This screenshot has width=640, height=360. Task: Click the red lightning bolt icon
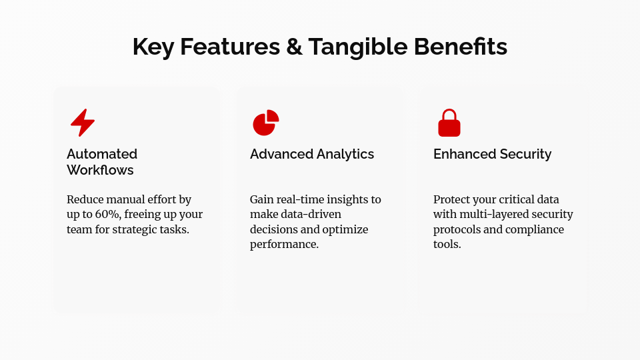click(x=83, y=123)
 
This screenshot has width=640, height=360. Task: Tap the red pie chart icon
click(x=265, y=123)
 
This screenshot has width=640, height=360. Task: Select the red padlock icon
click(x=449, y=123)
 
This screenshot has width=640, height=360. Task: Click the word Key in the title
click(x=153, y=47)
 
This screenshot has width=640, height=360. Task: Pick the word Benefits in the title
click(x=461, y=47)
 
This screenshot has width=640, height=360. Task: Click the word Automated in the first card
click(x=102, y=154)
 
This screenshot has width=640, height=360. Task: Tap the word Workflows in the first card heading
click(x=100, y=170)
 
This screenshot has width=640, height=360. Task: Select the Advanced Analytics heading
click(x=312, y=154)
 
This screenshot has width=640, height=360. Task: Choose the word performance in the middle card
click(x=283, y=244)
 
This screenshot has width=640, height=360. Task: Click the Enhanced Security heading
click(x=492, y=154)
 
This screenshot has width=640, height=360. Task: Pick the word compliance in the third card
click(x=536, y=229)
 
